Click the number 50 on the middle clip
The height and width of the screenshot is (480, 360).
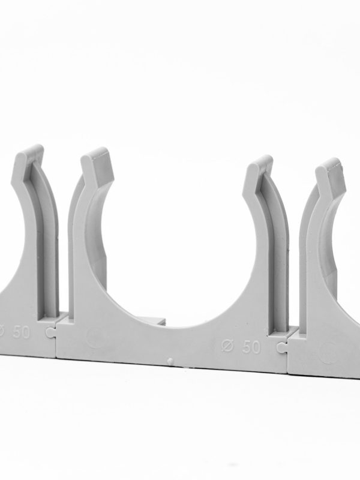[x=251, y=347]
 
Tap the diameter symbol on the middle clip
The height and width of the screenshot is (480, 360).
[x=229, y=346]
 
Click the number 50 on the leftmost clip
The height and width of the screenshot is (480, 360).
[x=21, y=332]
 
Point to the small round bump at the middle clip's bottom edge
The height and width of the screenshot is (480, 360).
[x=170, y=361]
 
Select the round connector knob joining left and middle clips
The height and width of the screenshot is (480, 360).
[x=49, y=332]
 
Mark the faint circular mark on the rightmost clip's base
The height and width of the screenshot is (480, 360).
[x=328, y=352]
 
